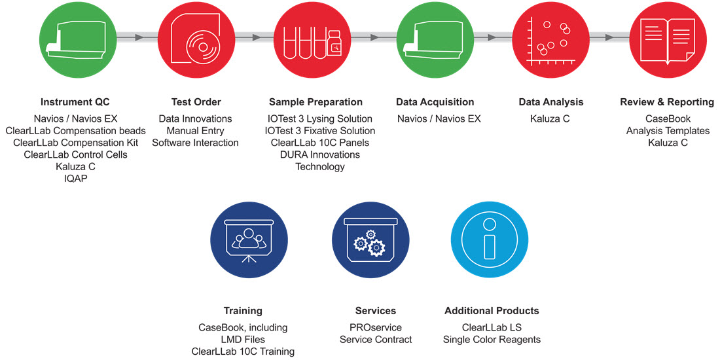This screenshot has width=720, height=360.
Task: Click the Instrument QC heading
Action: tap(75, 102)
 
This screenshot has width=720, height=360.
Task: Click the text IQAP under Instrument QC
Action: tap(75, 179)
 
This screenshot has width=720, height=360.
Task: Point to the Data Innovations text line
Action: tap(196, 119)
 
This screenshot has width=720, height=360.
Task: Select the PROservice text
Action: tap(376, 328)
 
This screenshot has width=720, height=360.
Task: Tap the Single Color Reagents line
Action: tap(492, 340)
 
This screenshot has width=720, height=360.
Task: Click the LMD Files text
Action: tap(243, 340)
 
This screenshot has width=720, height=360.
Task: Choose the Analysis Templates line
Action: tap(668, 131)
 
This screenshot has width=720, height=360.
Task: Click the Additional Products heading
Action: tap(492, 311)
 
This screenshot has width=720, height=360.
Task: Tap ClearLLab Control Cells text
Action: tap(75, 154)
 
